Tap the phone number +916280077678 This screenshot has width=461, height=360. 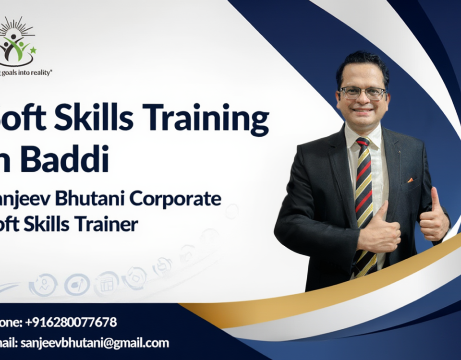point(72,322)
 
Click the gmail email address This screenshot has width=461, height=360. point(94,343)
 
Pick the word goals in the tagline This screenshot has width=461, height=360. point(11,72)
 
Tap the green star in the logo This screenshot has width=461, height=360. point(33,50)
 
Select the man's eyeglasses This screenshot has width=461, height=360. point(363,93)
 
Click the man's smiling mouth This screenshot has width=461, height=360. point(363,110)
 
